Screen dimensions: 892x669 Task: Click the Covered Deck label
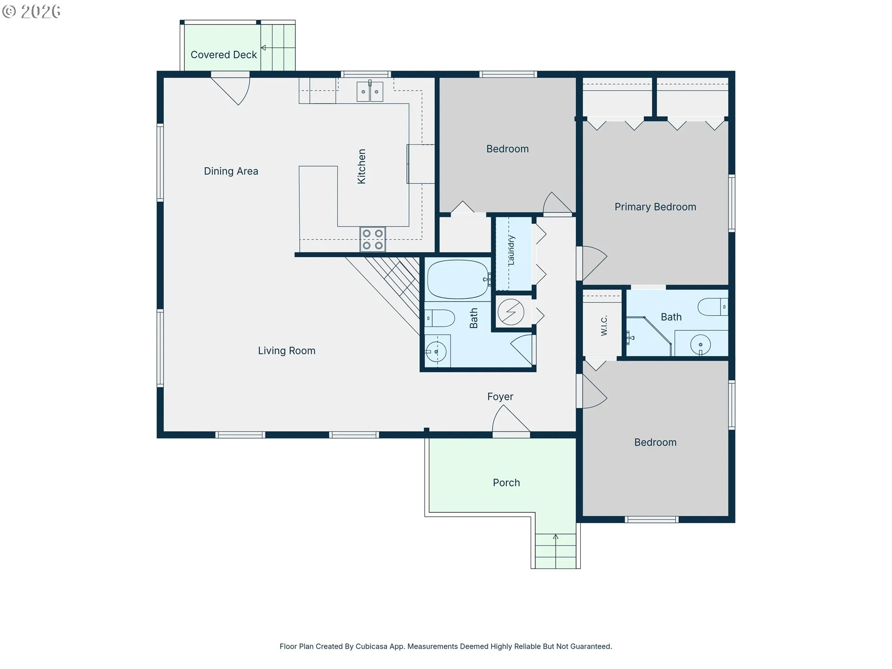tap(223, 55)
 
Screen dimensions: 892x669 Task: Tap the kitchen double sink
tap(370, 92)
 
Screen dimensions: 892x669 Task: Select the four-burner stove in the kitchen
tap(373, 239)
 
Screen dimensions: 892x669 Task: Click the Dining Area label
tap(231, 171)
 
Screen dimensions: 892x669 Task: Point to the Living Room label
tap(287, 351)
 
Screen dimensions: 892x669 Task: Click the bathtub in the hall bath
tap(458, 280)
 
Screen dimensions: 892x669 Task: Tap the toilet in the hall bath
tap(440, 318)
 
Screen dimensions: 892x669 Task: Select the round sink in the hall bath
tap(436, 352)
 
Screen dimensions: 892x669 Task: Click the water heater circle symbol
tap(511, 312)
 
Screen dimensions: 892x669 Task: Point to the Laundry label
tap(512, 250)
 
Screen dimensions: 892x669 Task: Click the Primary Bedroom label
tap(655, 207)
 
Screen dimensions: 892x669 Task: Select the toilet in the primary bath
tap(713, 307)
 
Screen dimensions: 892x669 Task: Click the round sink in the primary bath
tap(701, 345)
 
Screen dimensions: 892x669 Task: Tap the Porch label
tap(506, 483)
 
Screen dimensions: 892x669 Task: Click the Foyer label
tap(500, 397)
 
